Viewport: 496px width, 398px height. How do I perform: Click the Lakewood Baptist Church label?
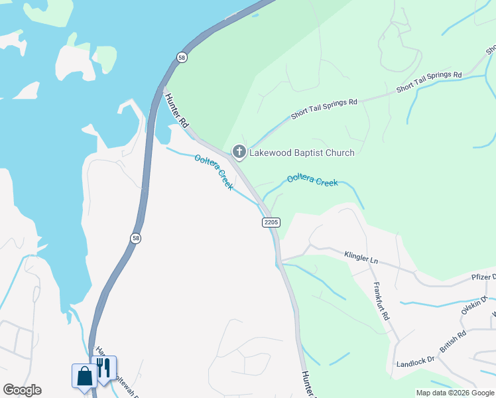(302, 153)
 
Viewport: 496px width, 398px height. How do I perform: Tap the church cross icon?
(239, 153)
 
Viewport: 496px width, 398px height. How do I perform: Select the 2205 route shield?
(271, 222)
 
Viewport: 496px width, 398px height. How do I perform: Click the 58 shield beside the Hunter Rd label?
(182, 58)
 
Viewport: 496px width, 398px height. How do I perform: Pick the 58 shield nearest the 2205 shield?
(135, 238)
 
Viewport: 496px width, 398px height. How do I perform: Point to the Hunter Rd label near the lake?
(177, 110)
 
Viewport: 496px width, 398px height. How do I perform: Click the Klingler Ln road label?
(361, 257)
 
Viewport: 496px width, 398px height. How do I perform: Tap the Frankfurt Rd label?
(380, 302)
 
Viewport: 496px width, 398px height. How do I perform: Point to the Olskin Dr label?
(475, 307)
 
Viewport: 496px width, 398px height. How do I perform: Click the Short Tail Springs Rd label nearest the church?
(324, 109)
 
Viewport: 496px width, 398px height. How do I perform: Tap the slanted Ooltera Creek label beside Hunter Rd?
(214, 172)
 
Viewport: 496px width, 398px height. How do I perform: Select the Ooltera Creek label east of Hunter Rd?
(312, 180)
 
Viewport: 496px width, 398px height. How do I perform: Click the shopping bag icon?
(84, 375)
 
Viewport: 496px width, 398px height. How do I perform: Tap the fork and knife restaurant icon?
(104, 367)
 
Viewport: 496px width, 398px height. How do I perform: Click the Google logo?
(22, 390)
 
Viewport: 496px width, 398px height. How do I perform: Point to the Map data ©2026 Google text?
(455, 393)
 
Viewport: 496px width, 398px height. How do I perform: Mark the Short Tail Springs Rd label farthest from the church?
(428, 82)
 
